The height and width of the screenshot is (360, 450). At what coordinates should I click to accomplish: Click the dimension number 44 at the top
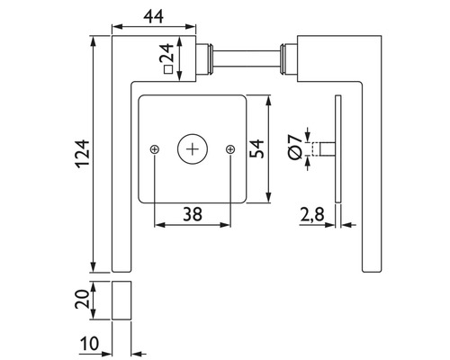151,14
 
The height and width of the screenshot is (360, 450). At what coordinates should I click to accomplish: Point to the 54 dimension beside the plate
256,147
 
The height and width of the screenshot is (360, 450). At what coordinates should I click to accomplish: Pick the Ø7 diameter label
293,149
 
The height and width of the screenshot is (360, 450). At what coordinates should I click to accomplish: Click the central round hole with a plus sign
193,148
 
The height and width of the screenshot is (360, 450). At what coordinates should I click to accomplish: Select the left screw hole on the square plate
156,148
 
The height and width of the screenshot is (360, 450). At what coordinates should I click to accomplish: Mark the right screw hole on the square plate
230,148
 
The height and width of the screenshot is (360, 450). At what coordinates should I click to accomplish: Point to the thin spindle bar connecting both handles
247,58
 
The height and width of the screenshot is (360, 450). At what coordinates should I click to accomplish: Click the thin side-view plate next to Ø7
337,148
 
